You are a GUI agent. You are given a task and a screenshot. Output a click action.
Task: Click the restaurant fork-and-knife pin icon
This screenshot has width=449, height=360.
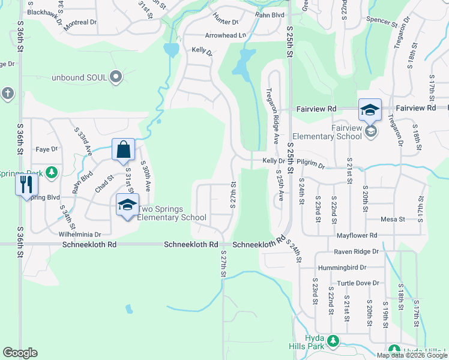(x=26, y=184)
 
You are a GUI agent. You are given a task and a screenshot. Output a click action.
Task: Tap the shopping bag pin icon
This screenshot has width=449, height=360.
(x=123, y=150)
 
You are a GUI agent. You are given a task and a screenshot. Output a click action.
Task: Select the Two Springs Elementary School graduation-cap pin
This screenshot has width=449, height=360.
(x=127, y=205)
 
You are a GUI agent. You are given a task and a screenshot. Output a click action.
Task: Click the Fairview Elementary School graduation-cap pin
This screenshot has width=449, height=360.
(x=370, y=110)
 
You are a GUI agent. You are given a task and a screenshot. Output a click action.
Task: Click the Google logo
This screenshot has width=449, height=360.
(x=20, y=353)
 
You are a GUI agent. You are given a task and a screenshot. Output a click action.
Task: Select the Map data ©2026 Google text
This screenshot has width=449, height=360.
(x=411, y=355)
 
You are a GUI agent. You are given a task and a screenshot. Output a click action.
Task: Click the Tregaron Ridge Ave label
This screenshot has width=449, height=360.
(x=273, y=116)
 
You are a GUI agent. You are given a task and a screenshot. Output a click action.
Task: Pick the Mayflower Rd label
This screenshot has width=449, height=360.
(x=357, y=235)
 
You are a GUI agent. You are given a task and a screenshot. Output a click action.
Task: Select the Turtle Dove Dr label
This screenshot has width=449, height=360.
(x=358, y=283)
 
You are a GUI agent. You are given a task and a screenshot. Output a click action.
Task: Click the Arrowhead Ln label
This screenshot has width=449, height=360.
(x=226, y=36)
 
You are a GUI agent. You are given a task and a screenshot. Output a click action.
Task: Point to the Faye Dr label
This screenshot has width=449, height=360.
(x=47, y=149)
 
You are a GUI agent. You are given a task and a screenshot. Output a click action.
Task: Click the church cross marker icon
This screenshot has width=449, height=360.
(x=7, y=93)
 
